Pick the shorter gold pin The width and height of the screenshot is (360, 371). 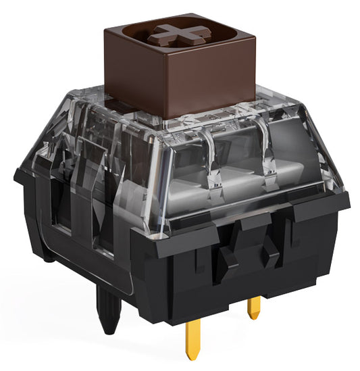[253, 308]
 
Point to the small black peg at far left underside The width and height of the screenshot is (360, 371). [49, 256]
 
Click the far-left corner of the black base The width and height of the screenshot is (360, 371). [16, 177]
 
